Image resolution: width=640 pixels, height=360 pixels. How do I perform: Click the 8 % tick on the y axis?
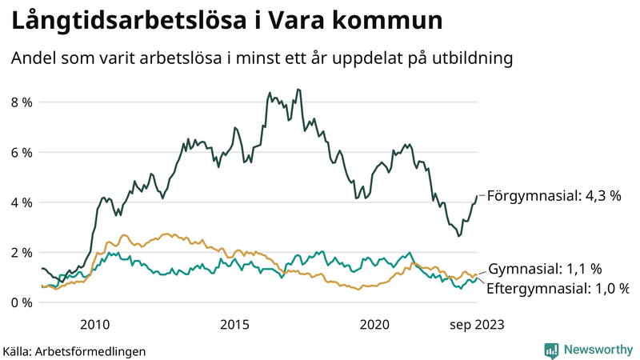pyautogui.click(x=21, y=102)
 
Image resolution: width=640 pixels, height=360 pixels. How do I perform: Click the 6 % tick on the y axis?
pyautogui.click(x=21, y=153)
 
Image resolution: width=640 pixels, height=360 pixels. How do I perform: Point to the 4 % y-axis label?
pyautogui.click(x=21, y=202)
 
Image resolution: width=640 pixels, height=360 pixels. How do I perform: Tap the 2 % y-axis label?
pyautogui.click(x=21, y=253)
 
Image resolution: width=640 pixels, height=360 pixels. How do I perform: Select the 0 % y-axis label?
pyautogui.click(x=21, y=302)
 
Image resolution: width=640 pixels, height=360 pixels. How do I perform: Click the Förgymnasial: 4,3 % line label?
pyautogui.click(x=554, y=194)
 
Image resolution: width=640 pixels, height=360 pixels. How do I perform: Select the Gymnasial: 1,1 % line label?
pyautogui.click(x=545, y=269)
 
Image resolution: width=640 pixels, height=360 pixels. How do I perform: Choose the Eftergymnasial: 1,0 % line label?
pyautogui.click(x=558, y=287)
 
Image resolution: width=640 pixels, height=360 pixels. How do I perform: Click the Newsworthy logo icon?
pyautogui.click(x=551, y=350)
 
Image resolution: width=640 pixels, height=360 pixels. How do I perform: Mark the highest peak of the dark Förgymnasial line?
pyautogui.click(x=298, y=90)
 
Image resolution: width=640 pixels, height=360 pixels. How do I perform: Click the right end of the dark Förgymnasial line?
pyautogui.click(x=478, y=195)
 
